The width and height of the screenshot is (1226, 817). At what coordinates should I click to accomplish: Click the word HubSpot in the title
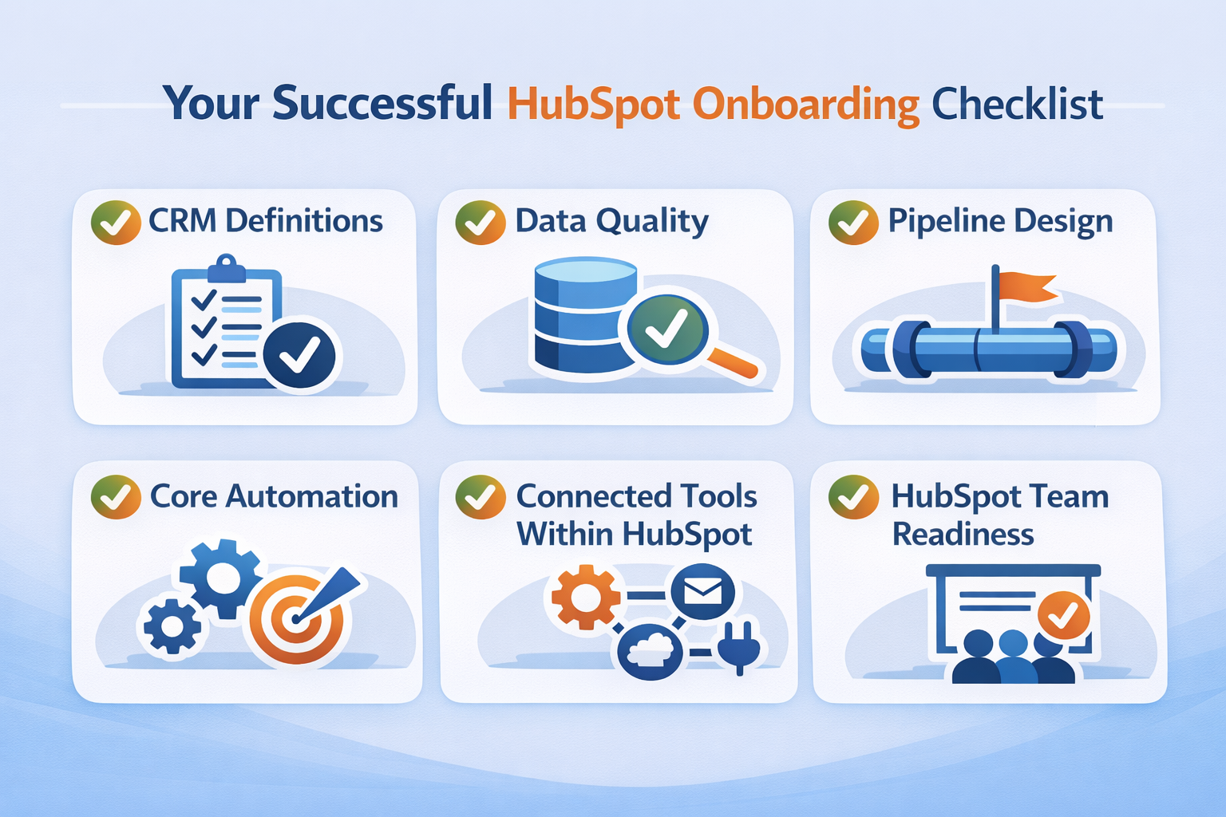click(593, 105)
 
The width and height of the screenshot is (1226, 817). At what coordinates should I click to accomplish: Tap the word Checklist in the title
click(1017, 105)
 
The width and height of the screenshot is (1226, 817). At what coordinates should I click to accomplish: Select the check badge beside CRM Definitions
click(116, 222)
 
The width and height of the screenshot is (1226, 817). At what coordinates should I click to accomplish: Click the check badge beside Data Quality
click(480, 222)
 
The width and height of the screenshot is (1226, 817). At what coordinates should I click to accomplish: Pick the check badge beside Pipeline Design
click(853, 222)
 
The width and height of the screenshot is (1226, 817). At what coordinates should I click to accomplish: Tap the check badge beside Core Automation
click(116, 497)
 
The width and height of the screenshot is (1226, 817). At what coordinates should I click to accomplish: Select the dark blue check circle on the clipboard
click(299, 355)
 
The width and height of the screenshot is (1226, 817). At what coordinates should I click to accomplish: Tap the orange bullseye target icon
click(296, 619)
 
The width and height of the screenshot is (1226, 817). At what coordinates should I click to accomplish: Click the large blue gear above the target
click(221, 578)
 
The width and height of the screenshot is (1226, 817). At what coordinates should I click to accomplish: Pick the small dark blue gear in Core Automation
click(172, 626)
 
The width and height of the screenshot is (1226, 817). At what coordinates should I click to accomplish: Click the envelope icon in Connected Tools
click(702, 592)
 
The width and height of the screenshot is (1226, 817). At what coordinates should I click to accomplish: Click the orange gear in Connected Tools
click(586, 596)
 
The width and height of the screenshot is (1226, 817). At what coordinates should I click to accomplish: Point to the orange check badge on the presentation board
click(1063, 615)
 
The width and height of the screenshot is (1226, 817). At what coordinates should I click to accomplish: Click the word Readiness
click(963, 535)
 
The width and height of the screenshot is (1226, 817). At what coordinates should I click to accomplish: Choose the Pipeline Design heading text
click(1000, 221)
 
